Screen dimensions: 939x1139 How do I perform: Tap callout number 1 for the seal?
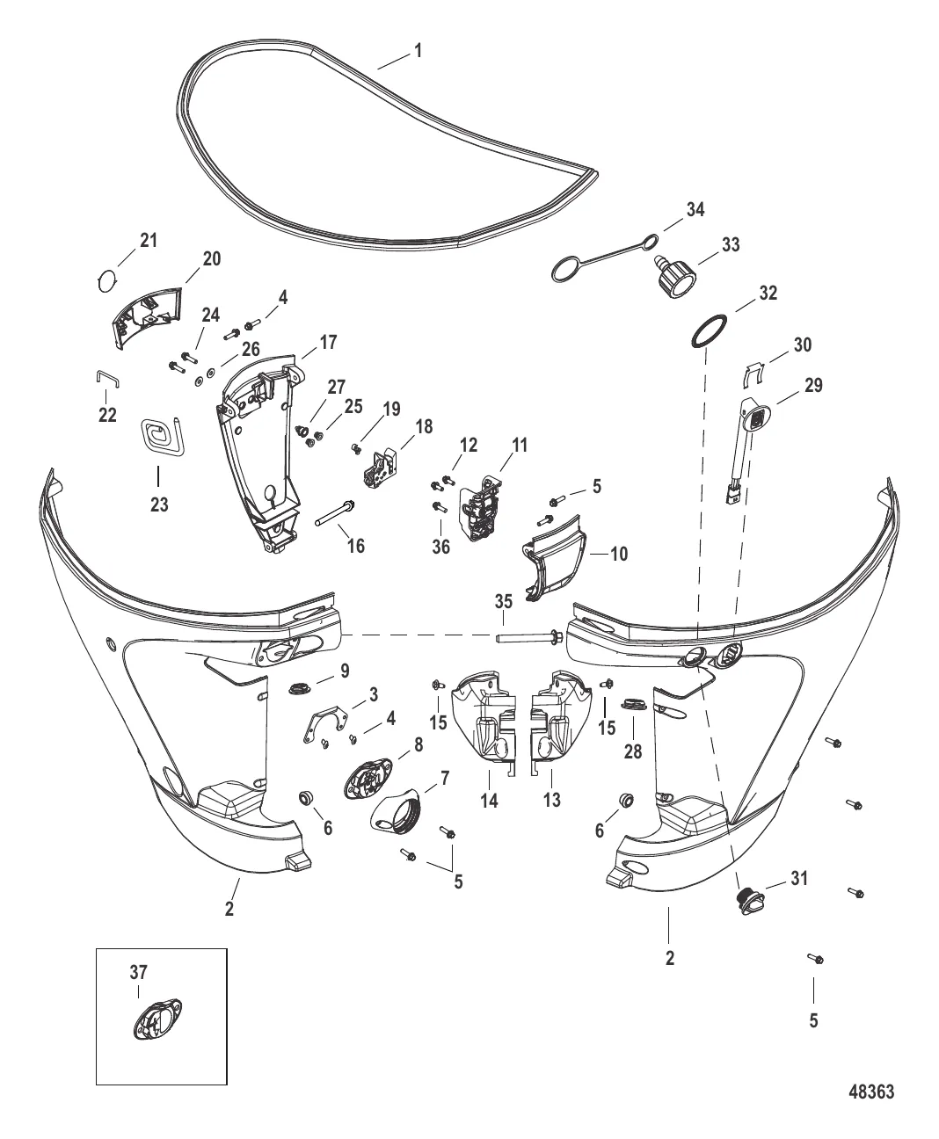tap(418, 51)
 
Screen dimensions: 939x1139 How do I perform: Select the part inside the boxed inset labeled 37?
tap(157, 1020)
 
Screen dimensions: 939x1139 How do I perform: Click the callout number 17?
tap(328, 343)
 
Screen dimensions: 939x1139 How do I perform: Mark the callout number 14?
tap(489, 801)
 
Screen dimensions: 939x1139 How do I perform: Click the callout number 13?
tap(552, 800)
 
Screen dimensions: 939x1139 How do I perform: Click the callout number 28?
tap(633, 751)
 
